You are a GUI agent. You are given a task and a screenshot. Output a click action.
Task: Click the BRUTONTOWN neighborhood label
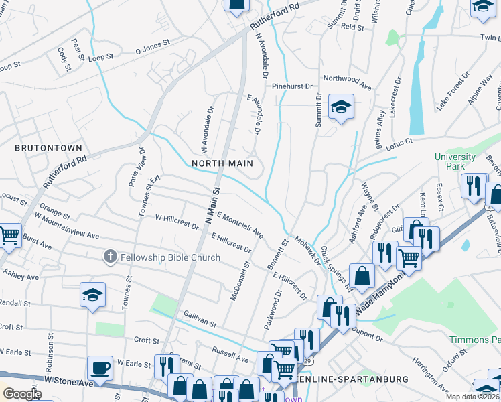pyautogui.click(x=49, y=148)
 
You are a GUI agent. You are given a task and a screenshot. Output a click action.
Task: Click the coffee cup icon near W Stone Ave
pyautogui.click(x=100, y=368)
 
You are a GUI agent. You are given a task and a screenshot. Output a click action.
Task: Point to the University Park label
pyautogui.click(x=455, y=161)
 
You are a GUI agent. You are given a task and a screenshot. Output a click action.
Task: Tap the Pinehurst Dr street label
pyautogui.click(x=292, y=86)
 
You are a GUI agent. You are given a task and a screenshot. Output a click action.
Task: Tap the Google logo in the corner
pyautogui.click(x=22, y=394)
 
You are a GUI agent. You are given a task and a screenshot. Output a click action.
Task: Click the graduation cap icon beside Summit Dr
pyautogui.click(x=341, y=107)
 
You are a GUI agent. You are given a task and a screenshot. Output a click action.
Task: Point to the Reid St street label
pyautogui.click(x=352, y=27)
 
